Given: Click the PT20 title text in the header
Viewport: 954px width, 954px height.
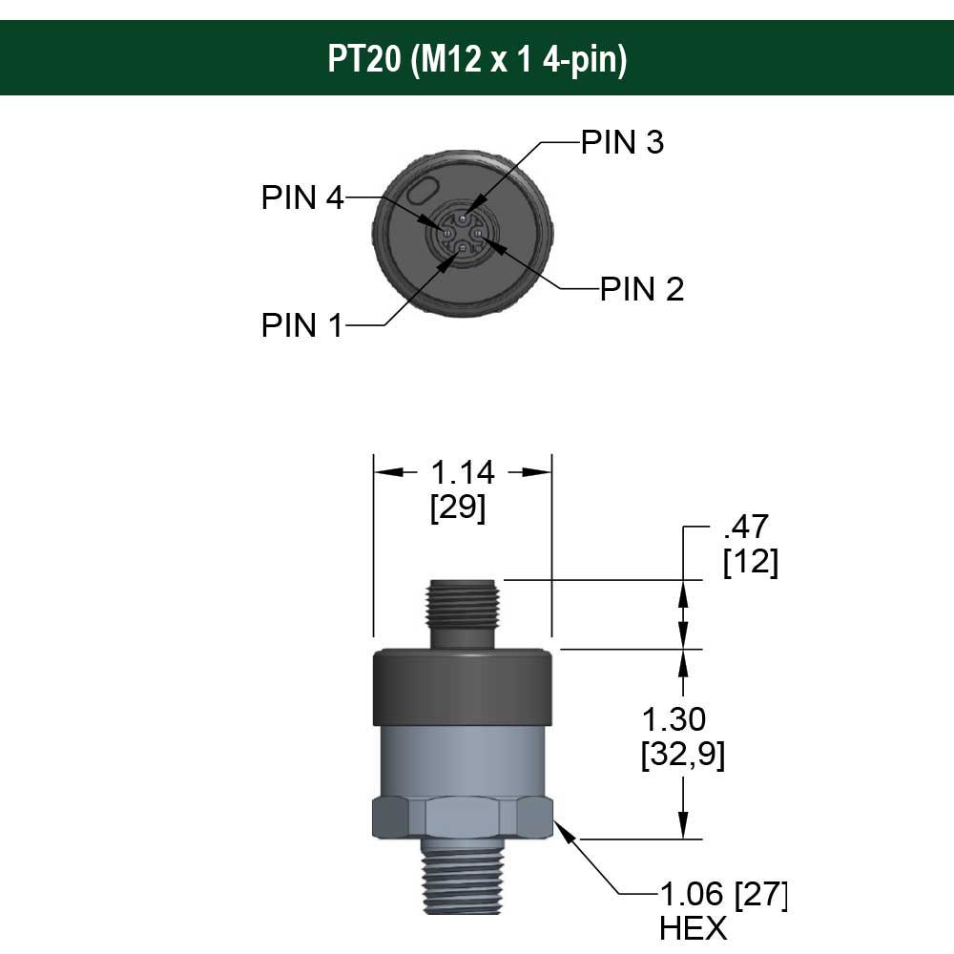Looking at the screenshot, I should [x=477, y=59].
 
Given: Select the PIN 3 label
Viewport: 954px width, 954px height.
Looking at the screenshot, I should [x=622, y=142].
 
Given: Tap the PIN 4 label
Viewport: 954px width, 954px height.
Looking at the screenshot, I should [x=302, y=197].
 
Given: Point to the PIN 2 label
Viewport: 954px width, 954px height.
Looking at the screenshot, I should [x=642, y=289].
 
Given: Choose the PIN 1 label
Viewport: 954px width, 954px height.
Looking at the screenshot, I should [x=301, y=325].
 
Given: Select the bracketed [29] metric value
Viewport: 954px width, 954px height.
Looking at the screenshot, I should [x=458, y=508].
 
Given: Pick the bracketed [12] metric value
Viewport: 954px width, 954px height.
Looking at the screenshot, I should [x=751, y=563].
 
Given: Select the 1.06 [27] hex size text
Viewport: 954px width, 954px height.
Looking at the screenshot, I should [x=724, y=896].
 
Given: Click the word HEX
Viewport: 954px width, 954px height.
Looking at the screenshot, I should [x=694, y=928].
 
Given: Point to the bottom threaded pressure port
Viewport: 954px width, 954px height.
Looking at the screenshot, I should [x=462, y=878].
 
